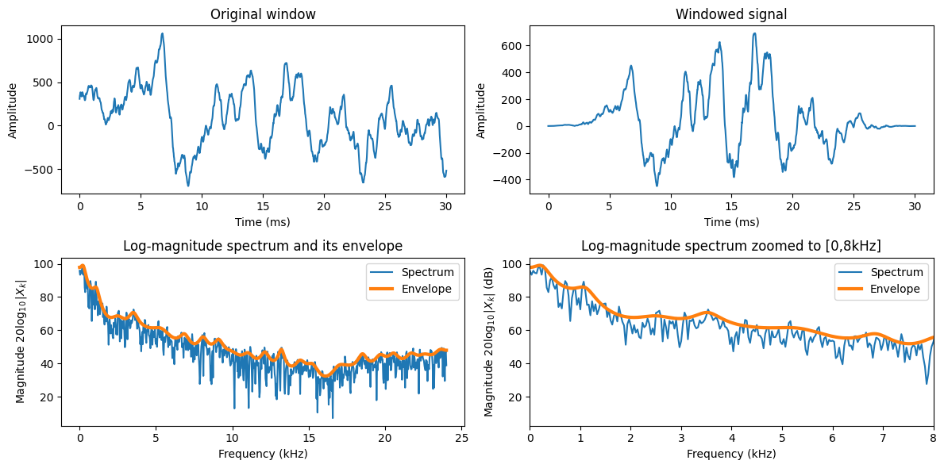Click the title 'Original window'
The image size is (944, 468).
pyautogui.click(x=263, y=14)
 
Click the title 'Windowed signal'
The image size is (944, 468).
pyautogui.click(x=731, y=14)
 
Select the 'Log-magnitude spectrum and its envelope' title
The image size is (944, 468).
pyautogui.click(x=263, y=245)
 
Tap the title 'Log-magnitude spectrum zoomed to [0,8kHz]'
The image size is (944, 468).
pyautogui.click(x=731, y=245)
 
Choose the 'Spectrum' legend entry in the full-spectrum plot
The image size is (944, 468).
pyautogui.click(x=430, y=272)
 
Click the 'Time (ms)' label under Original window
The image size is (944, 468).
pyautogui.click(x=263, y=221)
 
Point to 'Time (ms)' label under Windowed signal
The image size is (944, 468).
pyautogui.click(x=731, y=221)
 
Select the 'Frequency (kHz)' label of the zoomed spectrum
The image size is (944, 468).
pyautogui.click(x=731, y=454)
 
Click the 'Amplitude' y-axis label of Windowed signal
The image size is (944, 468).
pyautogui.click(x=481, y=109)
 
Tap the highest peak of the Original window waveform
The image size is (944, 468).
pyautogui.click(x=162, y=33)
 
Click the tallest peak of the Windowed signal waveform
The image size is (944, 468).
pyautogui.click(x=753, y=33)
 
